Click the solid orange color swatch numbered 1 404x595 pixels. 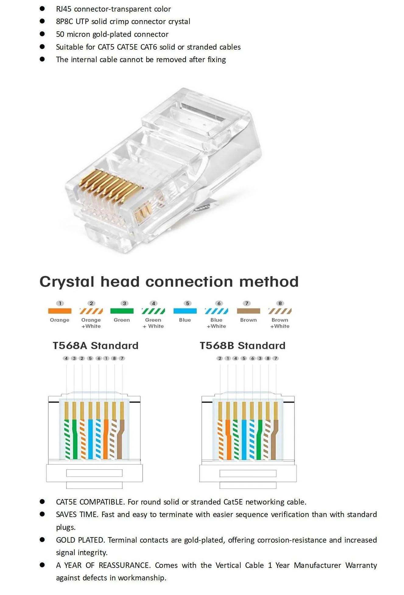point(60,311)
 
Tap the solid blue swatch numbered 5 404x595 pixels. point(185,311)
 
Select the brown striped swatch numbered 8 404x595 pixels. point(280,311)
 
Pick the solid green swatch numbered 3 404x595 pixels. point(122,311)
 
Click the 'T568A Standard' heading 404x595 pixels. point(96,346)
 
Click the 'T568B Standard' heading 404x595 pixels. point(242,346)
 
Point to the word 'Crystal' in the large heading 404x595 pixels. point(67,282)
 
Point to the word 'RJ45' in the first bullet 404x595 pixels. point(64,9)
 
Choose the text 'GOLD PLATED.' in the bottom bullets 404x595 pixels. point(80,540)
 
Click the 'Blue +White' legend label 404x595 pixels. point(216,323)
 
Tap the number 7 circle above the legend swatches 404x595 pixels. point(247,303)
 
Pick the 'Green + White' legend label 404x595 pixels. point(153,323)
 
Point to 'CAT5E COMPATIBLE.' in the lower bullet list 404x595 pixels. point(90,502)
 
